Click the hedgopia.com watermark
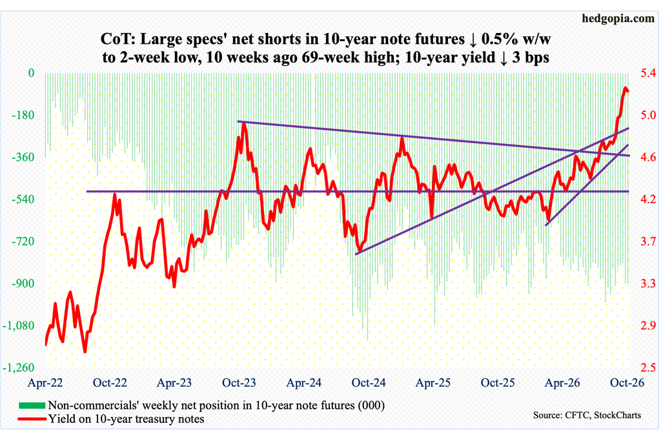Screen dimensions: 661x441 618,18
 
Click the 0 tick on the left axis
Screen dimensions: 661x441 31,74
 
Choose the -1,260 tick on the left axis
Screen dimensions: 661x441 19,367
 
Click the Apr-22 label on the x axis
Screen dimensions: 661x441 45,382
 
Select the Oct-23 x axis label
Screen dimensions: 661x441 239,382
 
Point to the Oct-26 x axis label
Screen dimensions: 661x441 627,382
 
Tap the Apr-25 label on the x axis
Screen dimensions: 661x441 433,382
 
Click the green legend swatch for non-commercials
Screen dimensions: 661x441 32,405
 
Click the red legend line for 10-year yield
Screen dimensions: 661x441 32,419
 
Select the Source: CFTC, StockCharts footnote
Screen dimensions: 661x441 587,415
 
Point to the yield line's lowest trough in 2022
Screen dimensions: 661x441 85,351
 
